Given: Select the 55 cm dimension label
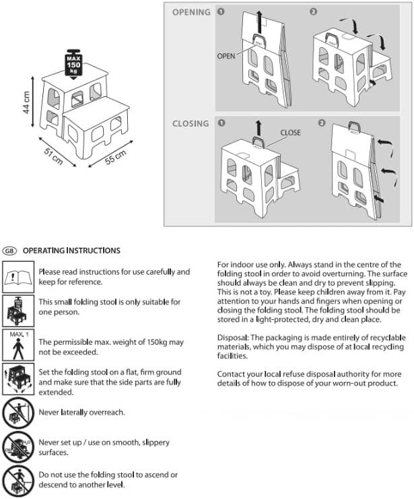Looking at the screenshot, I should click(x=116, y=156).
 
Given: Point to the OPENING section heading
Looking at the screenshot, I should click(x=191, y=12).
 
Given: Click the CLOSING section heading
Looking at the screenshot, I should click(x=191, y=124).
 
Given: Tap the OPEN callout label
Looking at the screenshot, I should click(x=226, y=56).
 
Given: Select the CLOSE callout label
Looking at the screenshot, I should click(x=290, y=133).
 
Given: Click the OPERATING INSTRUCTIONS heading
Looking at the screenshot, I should click(x=71, y=251).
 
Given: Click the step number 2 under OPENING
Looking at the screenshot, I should click(x=313, y=12).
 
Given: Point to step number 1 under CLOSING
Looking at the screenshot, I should click(x=221, y=124).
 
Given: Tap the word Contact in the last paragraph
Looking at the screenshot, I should click(x=232, y=373).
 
